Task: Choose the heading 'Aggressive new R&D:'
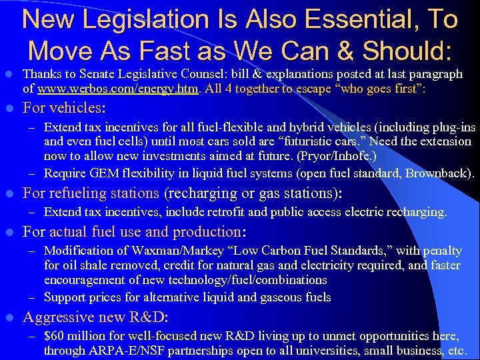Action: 96,317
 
